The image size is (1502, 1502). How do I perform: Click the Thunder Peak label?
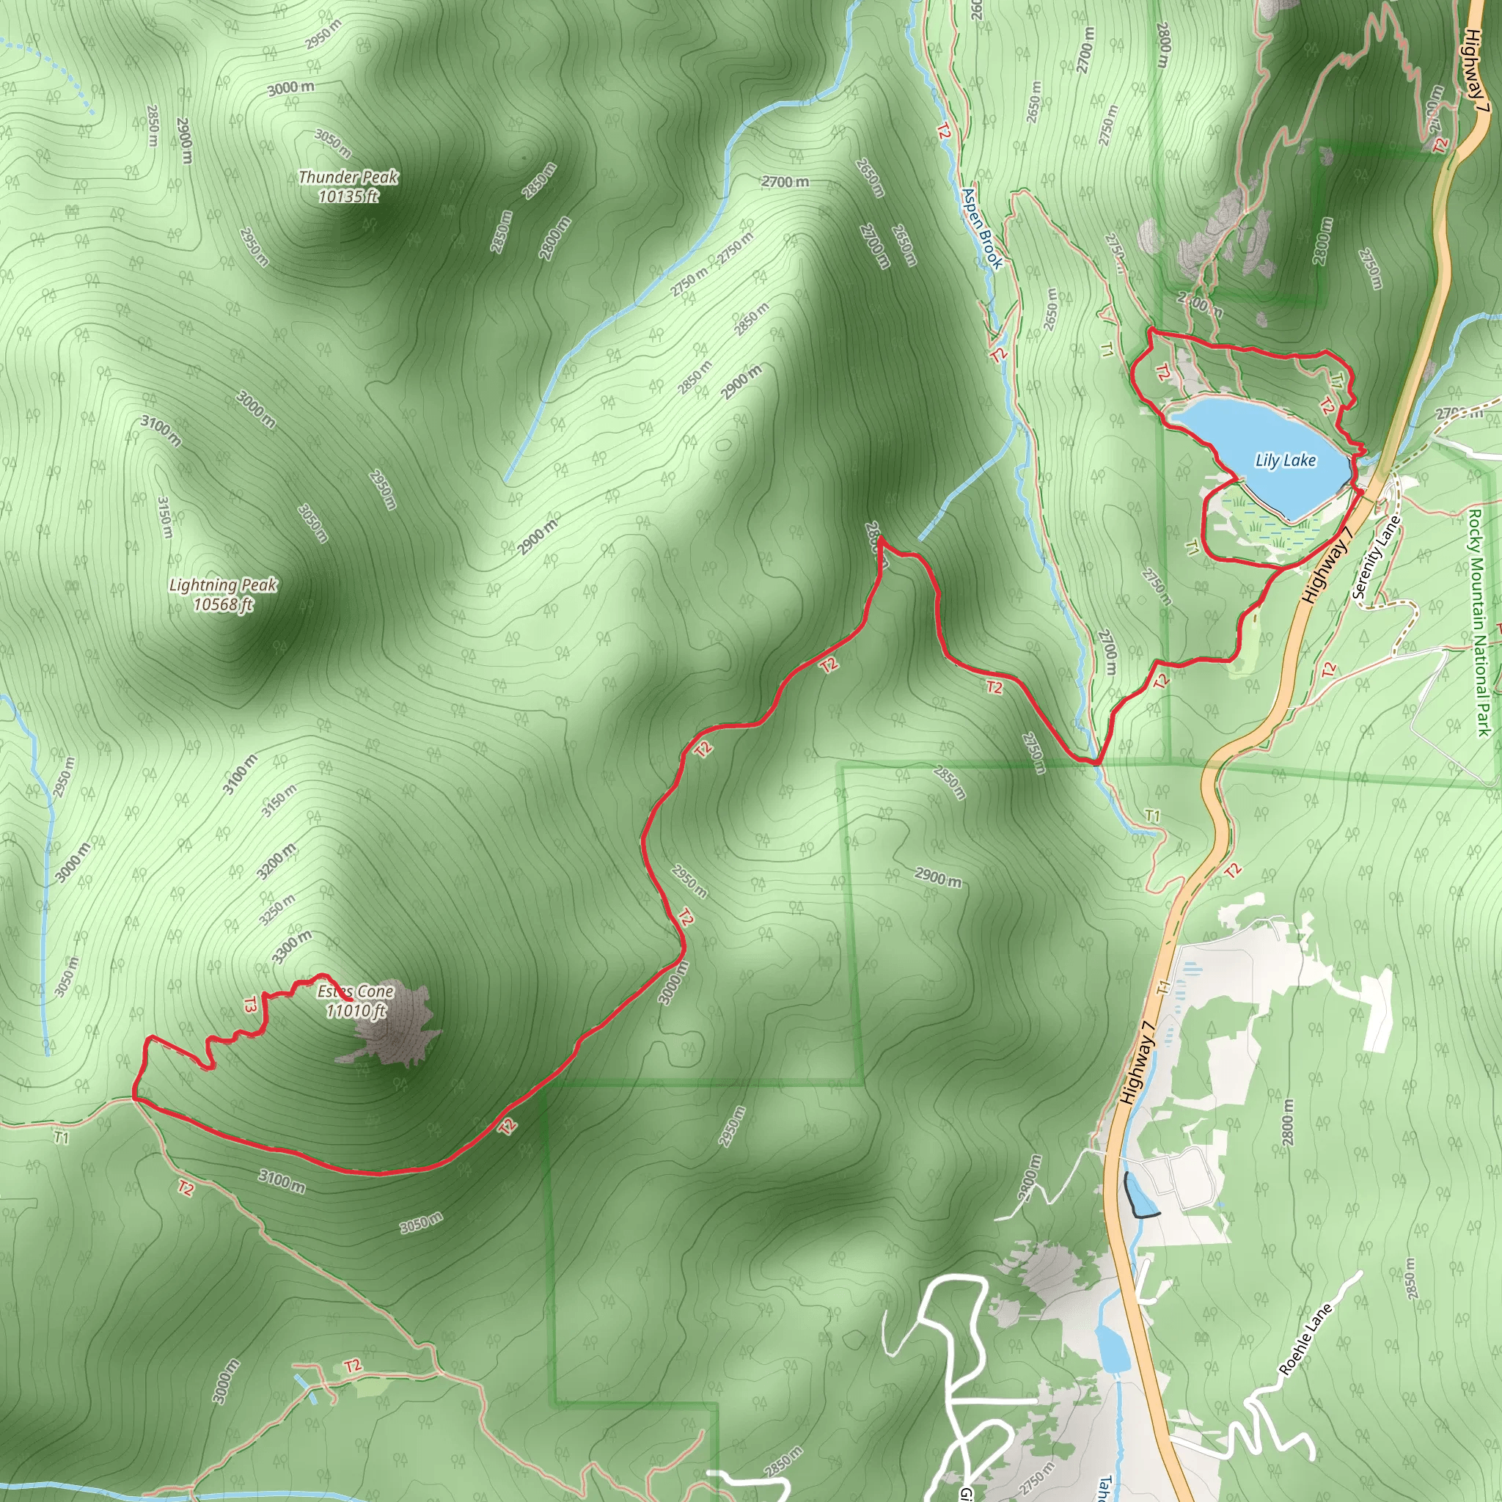(348, 177)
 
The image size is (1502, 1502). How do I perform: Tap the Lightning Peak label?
(223, 585)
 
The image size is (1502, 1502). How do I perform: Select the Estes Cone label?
(355, 992)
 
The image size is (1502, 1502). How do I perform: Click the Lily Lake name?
(1286, 461)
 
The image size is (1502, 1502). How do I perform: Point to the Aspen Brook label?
(983, 229)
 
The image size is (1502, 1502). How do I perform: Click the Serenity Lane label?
(1376, 557)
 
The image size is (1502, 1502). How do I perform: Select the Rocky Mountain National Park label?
(1479, 622)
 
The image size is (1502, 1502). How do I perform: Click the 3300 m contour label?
(293, 947)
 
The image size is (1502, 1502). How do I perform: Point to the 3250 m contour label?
(277, 909)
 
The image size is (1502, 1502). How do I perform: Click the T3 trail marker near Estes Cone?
(249, 1005)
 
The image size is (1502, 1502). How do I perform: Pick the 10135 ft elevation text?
(348, 196)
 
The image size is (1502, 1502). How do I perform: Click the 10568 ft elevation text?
(223, 604)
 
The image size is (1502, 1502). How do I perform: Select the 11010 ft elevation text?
(356, 1011)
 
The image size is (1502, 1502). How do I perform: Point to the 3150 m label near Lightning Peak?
(165, 518)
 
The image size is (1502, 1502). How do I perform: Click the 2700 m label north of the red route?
(785, 182)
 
